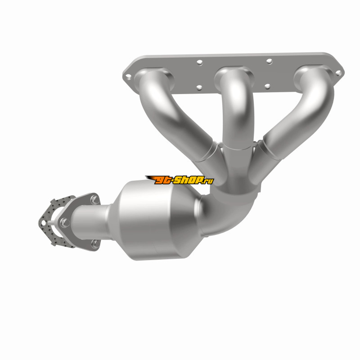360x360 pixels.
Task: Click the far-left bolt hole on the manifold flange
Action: [128, 76]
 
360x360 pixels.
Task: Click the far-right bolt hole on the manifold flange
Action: [338, 73]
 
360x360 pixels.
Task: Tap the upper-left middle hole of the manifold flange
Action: [199, 62]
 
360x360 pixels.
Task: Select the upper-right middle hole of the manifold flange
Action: [269, 61]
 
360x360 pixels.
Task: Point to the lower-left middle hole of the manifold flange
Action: [199, 87]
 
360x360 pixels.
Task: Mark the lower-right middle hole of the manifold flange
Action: [267, 86]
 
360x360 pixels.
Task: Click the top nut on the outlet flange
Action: [94, 199]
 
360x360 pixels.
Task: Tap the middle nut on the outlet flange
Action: [65, 222]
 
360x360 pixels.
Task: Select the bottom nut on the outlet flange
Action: [95, 243]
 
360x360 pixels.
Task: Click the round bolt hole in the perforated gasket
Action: [43, 223]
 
